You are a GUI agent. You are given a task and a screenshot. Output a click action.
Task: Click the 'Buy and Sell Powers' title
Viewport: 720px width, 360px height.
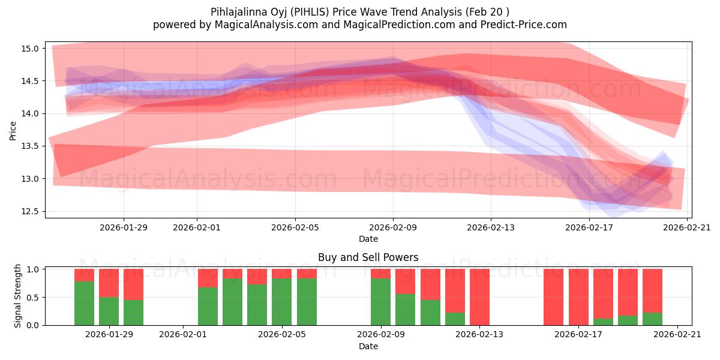(x=368, y=257)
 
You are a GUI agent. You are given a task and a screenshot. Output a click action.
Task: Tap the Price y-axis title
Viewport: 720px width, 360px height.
(x=13, y=130)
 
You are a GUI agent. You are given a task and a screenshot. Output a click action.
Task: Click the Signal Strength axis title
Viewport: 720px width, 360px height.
(x=18, y=296)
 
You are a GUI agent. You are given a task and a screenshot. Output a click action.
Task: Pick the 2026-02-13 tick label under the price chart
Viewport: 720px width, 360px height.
(x=491, y=227)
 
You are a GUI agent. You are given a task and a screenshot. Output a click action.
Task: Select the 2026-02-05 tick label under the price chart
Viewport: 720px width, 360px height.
(x=295, y=227)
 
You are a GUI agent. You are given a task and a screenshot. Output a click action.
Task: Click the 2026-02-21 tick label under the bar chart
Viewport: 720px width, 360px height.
(x=677, y=335)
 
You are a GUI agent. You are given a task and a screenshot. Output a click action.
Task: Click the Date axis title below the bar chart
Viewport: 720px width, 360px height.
(x=368, y=346)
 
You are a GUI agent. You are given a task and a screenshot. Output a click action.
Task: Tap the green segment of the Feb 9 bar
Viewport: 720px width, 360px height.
(x=380, y=302)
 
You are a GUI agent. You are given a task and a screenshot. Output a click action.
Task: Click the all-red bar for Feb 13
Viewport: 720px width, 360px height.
(x=479, y=297)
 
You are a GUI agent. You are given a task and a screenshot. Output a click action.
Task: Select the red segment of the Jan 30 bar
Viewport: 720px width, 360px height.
(x=133, y=284)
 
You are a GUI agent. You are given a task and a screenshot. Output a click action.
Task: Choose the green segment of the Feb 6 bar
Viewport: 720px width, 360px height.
(x=307, y=302)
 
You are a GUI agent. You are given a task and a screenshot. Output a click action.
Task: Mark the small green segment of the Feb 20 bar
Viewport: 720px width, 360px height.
(x=652, y=319)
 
